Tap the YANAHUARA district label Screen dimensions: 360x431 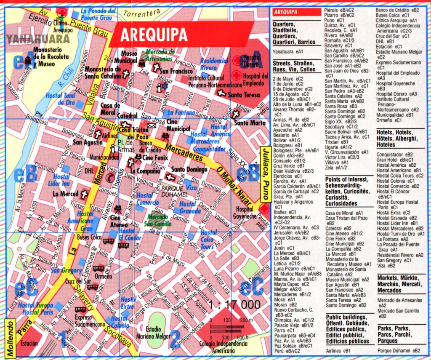[38, 39]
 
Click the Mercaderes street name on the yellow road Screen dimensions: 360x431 [182, 154]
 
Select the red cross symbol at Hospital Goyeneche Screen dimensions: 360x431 [264, 208]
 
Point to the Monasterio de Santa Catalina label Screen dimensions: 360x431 [102, 72]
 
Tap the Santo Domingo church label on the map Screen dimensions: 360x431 [188, 170]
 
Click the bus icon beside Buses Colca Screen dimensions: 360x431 [109, 241]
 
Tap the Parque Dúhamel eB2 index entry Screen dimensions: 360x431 [399, 350]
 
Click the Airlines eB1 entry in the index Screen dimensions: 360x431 [338, 350]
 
